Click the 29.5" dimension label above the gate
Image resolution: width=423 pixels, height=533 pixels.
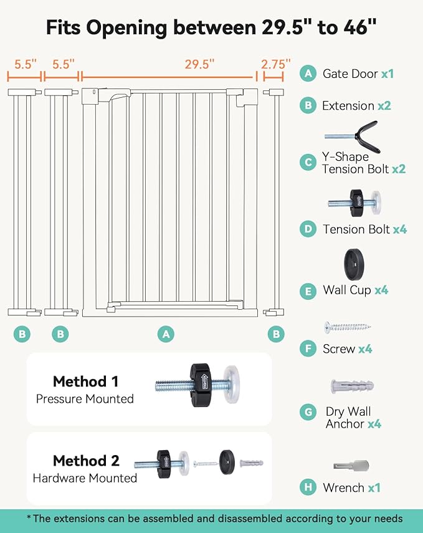(199, 63)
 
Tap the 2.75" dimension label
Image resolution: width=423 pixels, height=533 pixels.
(276, 63)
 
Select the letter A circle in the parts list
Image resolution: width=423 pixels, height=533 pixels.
(308, 74)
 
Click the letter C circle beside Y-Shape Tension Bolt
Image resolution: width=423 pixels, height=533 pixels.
(308, 163)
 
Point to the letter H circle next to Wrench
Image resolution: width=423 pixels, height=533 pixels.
(308, 487)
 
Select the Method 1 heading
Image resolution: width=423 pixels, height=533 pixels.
(85, 381)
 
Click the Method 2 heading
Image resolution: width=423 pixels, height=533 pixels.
(86, 461)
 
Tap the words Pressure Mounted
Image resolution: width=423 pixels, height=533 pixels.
(85, 398)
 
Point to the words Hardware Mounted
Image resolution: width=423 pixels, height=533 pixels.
(85, 478)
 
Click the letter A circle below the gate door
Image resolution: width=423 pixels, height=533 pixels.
(165, 334)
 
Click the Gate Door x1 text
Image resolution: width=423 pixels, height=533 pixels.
(358, 74)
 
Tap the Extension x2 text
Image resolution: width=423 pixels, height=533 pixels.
(356, 105)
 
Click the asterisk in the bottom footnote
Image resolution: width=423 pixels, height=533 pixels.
(29, 517)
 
